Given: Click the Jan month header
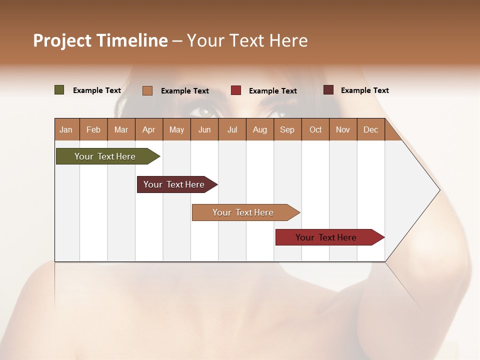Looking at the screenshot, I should point(66,129).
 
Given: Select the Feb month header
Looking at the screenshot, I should point(93,129).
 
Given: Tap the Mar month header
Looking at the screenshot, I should point(121,129).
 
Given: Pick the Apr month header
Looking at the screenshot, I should point(149,129).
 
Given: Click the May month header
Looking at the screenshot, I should point(176,129).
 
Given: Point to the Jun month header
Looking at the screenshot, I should point(204,129).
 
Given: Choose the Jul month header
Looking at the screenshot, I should point(232,129).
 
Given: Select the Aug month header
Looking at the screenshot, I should point(260,129).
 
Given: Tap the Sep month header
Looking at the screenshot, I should point(287,129).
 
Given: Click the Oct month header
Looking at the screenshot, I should point(315,129).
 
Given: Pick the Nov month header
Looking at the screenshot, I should point(343,129).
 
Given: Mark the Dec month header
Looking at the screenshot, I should point(371,129).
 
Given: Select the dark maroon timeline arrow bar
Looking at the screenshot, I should point(175,184).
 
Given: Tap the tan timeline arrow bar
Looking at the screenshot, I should point(243,212).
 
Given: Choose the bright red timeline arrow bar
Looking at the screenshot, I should point(327,237).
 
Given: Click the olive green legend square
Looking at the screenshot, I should point(59,90).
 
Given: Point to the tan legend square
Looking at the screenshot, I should point(147,90).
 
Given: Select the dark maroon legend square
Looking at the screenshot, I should point(328,90).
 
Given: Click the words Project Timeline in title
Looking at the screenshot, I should point(100,40).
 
